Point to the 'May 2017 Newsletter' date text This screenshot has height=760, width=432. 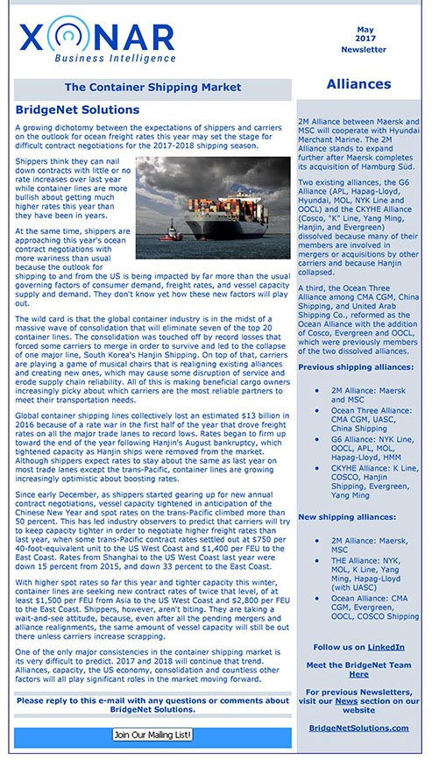click(x=363, y=39)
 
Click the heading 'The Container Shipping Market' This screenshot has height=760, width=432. click(x=152, y=88)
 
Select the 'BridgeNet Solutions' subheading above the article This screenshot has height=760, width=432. click(x=77, y=110)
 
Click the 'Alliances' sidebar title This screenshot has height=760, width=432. click(x=358, y=84)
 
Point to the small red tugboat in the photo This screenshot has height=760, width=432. click(x=169, y=235)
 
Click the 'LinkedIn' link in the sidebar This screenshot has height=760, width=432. click(x=387, y=647)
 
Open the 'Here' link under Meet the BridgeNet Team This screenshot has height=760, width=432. click(x=358, y=674)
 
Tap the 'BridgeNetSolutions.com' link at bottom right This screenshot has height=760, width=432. click(x=358, y=728)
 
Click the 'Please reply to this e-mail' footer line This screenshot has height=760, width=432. click(x=152, y=705)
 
